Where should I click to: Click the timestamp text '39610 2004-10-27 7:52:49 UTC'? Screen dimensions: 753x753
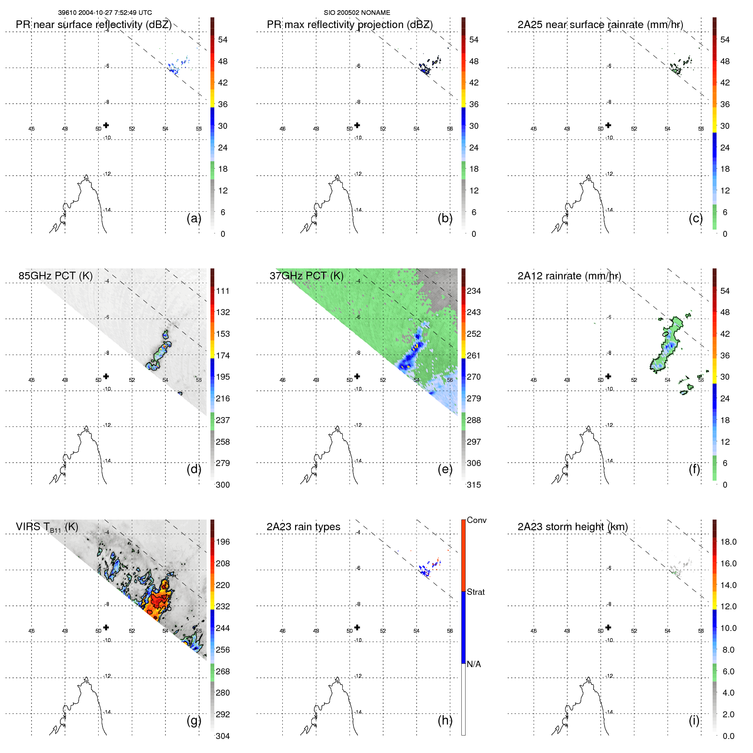[x=105, y=13]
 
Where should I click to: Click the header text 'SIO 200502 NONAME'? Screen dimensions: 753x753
[x=357, y=13]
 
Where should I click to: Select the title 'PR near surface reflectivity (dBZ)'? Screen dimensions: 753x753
[x=94, y=25]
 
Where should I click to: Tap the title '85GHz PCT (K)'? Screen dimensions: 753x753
[x=55, y=276]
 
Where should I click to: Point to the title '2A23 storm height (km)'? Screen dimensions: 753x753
[x=572, y=527]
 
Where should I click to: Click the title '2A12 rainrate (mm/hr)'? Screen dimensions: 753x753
[x=569, y=276]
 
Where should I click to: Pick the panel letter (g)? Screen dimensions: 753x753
[x=194, y=720]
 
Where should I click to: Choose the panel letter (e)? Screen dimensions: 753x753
[x=445, y=469]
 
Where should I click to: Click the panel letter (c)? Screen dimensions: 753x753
[x=696, y=218]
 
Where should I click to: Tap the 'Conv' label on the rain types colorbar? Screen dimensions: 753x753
[x=476, y=520]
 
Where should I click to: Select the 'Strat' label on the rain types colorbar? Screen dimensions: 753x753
[x=475, y=592]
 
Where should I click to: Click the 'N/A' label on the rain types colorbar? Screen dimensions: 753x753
[x=474, y=664]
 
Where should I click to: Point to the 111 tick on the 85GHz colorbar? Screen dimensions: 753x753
[x=222, y=291]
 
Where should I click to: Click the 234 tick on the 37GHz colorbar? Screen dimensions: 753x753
[x=474, y=291]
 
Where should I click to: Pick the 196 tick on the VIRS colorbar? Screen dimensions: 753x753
[x=222, y=542]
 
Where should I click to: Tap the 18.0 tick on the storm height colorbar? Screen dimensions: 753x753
[x=728, y=542]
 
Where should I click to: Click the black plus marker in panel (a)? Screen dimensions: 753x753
[x=106, y=125]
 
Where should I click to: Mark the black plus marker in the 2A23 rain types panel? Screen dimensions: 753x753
[x=357, y=627]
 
